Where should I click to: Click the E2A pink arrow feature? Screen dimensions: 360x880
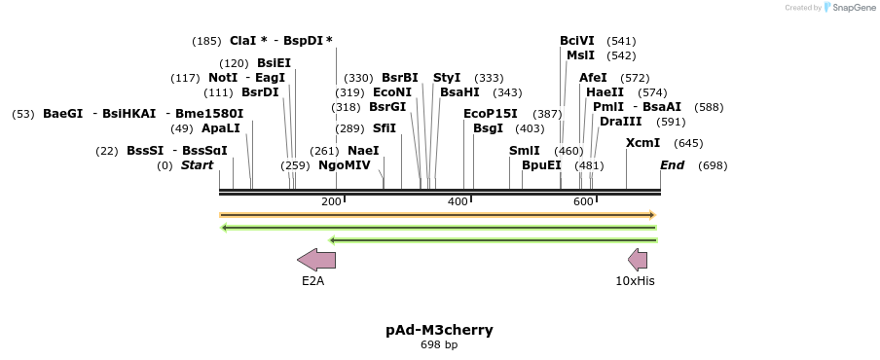pyautogui.click(x=316, y=259)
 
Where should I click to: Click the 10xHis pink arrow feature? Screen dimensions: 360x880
pyautogui.click(x=638, y=259)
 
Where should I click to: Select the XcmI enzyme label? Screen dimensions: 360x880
pyautogui.click(x=642, y=143)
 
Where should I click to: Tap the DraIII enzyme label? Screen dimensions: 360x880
pyautogui.click(x=620, y=122)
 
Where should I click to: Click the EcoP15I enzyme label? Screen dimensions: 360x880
pyautogui.click(x=491, y=114)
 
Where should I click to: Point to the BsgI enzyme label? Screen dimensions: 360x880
pyautogui.click(x=488, y=128)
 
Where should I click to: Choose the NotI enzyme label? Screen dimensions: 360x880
pyautogui.click(x=223, y=78)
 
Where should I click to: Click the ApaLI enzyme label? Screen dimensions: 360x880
pyautogui.click(x=220, y=128)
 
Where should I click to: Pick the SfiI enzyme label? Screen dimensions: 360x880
pyautogui.click(x=385, y=128)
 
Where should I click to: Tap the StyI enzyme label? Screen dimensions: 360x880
pyautogui.click(x=447, y=78)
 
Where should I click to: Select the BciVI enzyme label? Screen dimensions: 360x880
pyautogui.click(x=577, y=41)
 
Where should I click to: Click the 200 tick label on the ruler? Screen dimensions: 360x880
pyautogui.click(x=331, y=201)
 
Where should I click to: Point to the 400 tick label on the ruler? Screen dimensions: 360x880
pyautogui.click(x=458, y=201)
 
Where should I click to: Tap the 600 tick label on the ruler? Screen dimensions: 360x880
pyautogui.click(x=583, y=201)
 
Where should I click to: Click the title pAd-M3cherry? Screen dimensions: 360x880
pyautogui.click(x=439, y=330)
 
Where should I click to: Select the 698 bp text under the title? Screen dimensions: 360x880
pyautogui.click(x=439, y=345)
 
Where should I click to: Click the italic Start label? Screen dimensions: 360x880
pyautogui.click(x=197, y=165)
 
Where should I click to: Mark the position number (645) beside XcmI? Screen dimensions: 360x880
pyautogui.click(x=688, y=143)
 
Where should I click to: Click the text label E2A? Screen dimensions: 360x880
pyautogui.click(x=312, y=281)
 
